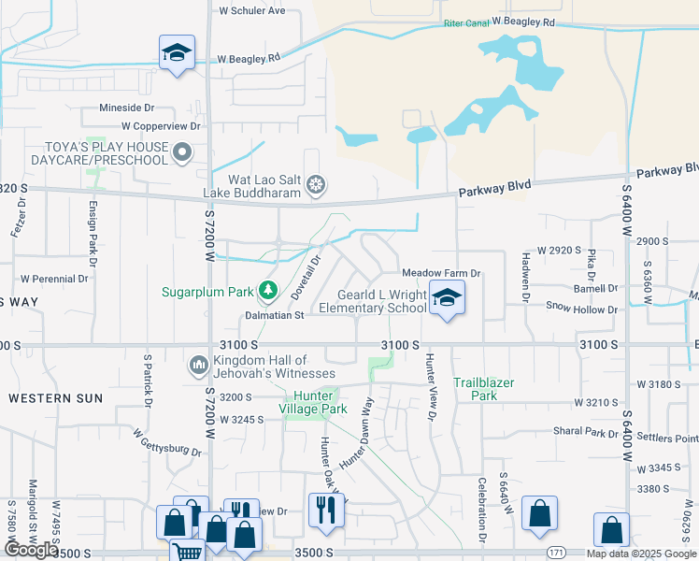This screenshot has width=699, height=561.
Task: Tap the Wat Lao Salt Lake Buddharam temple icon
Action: tap(317, 182)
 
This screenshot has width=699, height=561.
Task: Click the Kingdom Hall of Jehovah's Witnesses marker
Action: tap(197, 364)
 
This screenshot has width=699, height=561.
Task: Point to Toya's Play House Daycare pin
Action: tap(183, 151)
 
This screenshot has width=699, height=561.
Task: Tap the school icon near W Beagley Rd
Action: tap(176, 53)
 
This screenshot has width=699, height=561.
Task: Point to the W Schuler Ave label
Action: tap(251, 11)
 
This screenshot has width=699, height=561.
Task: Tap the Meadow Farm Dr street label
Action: tap(440, 273)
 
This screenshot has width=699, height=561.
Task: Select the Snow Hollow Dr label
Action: tap(582, 309)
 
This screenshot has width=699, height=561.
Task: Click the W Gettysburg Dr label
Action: tap(167, 442)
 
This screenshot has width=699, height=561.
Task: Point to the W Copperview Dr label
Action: tap(161, 125)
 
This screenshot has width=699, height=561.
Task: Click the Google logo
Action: tap(30, 550)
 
